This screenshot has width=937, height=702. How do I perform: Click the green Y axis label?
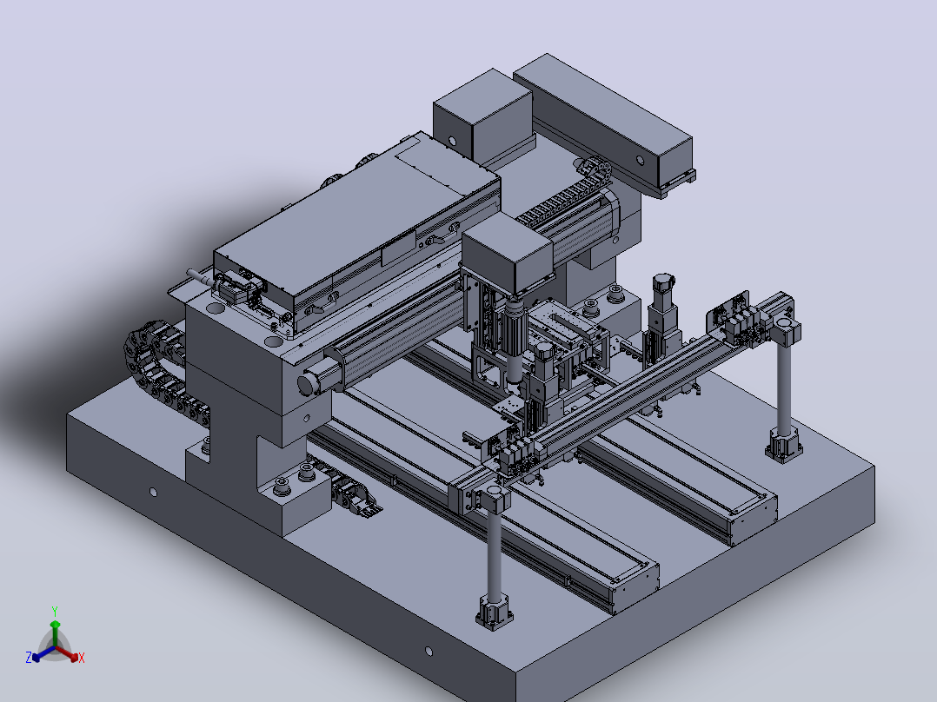coord(55,611)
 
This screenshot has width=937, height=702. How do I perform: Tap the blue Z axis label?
coord(29,657)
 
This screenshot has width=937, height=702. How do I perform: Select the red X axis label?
coord(82,658)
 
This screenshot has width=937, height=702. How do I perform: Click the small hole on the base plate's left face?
coord(154,493)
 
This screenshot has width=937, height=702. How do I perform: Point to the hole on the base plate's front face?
coord(429,652)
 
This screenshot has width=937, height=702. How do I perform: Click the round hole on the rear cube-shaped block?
coord(452,142)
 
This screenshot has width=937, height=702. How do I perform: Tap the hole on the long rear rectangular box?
coord(640,160)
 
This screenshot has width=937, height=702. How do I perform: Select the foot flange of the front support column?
coord(495,613)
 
